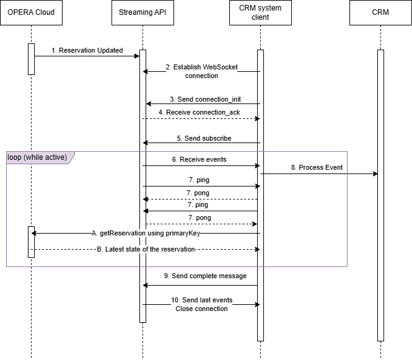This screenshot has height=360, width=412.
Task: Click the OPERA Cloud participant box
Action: [31, 12]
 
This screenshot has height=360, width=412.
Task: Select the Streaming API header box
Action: [142, 12]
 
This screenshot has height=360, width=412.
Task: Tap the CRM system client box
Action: [260, 12]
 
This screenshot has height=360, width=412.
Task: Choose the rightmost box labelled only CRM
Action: [380, 12]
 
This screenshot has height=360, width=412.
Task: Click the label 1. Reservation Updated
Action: [87, 50]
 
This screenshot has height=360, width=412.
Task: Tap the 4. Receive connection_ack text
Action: [198, 112]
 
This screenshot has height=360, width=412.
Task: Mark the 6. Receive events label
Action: [199, 159]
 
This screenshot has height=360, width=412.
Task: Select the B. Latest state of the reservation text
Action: [146, 249]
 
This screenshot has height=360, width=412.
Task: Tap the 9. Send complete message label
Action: [201, 276]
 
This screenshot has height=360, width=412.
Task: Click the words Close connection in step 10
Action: [201, 309]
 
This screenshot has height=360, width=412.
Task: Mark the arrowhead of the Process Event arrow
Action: [375, 174]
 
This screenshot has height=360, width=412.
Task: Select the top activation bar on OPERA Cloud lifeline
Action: [31, 59]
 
